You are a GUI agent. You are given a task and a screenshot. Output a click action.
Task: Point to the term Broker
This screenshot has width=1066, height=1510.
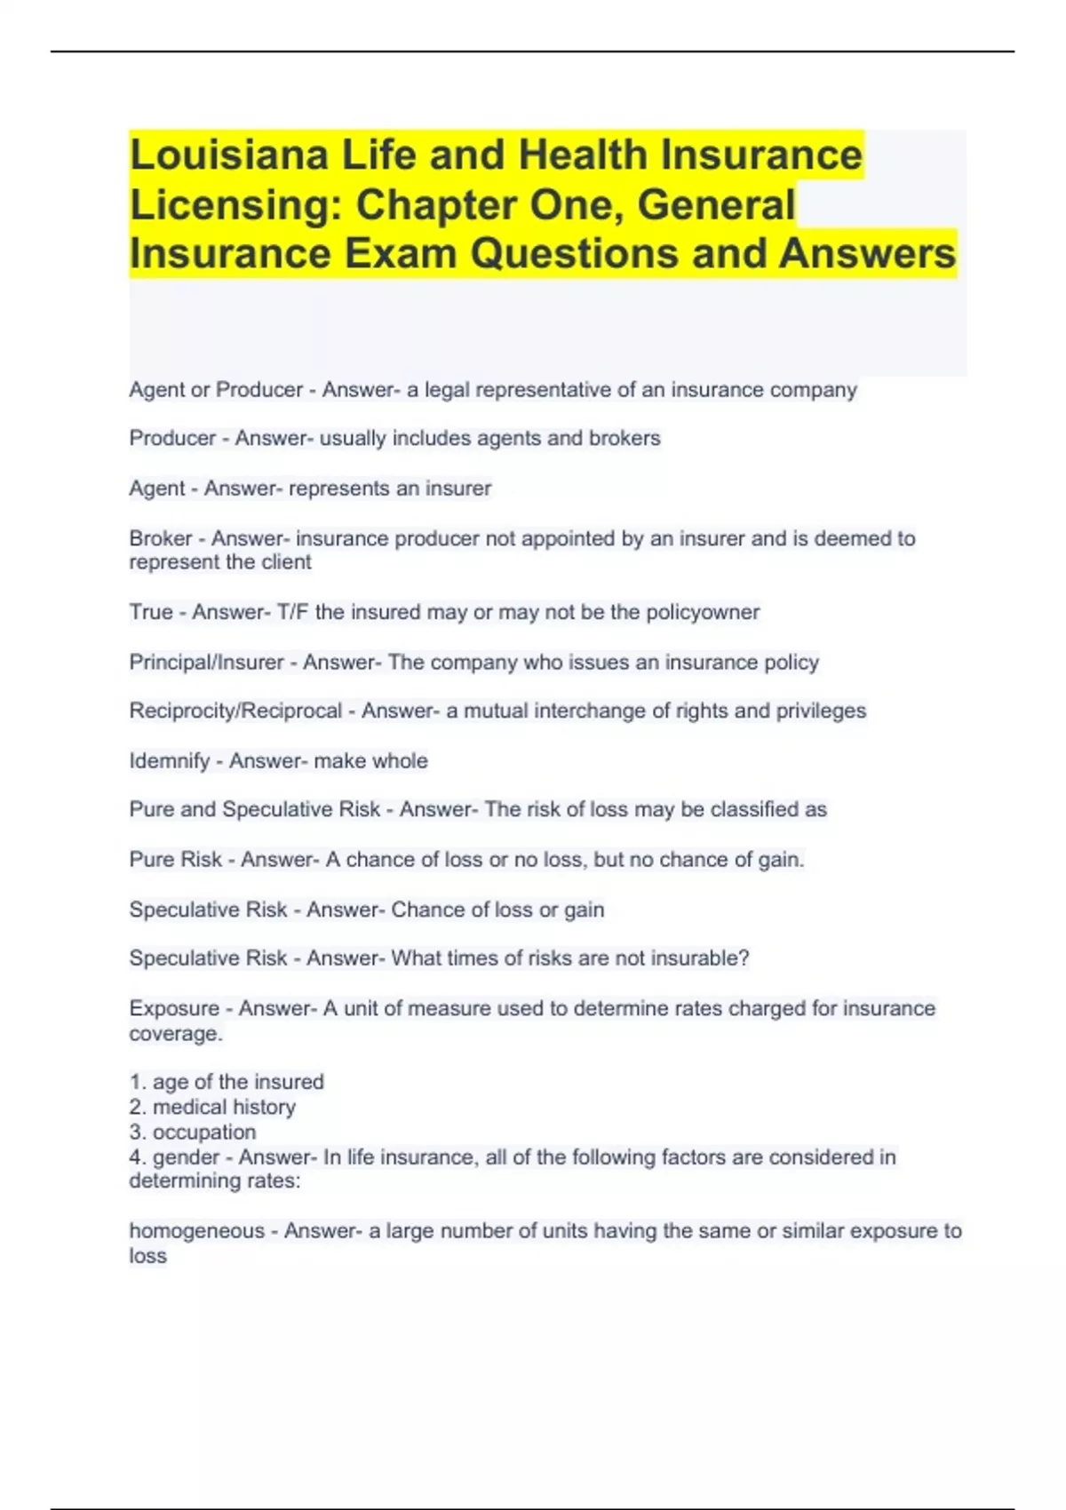point(161,538)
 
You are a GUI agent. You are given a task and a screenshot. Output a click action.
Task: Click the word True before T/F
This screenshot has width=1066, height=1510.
point(151,612)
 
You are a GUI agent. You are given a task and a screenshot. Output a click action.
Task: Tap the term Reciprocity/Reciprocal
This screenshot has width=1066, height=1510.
point(235,711)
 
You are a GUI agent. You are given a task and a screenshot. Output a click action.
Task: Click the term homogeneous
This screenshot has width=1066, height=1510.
point(196,1231)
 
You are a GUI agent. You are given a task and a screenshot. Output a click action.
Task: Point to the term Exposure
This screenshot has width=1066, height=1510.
point(174,1008)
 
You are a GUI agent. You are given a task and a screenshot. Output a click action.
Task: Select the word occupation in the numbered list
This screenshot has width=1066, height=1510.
point(204,1132)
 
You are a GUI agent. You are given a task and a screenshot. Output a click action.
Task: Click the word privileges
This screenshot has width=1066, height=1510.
point(821,711)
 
